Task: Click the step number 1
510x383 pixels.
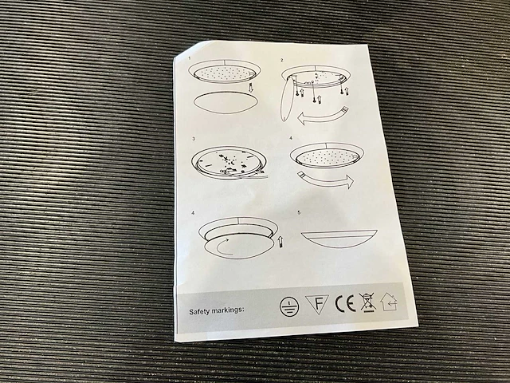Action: [x=190, y=59]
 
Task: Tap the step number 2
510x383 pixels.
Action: [x=282, y=61]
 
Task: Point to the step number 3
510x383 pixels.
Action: [x=194, y=139]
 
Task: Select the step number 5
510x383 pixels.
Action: [x=300, y=213]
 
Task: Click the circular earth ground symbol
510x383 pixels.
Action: [x=289, y=306]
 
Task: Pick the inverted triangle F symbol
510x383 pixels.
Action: [x=317, y=304]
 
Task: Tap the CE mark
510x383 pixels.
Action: [x=345, y=303]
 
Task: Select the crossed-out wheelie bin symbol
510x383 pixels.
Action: [x=367, y=302]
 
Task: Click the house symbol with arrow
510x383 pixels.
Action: [x=389, y=302]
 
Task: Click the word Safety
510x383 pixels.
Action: [x=201, y=312]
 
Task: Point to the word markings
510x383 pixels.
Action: [x=229, y=310]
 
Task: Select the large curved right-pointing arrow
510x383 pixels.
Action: [x=326, y=181]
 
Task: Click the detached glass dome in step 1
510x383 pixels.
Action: [x=226, y=102]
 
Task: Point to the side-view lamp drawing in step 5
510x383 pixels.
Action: [x=339, y=239]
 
